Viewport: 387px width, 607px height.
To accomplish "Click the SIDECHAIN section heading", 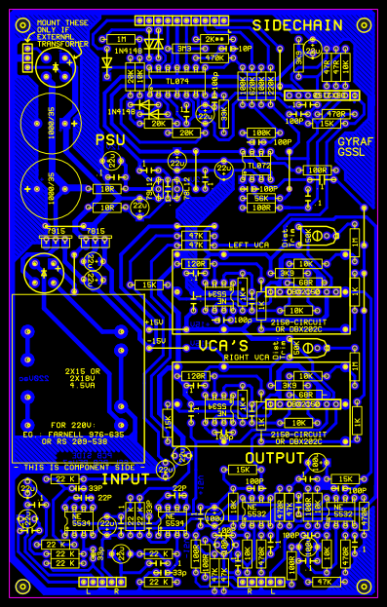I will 297,24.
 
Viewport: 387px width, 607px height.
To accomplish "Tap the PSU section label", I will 111,141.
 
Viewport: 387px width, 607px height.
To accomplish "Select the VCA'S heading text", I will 223,346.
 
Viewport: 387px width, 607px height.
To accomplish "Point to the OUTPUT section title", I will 275,458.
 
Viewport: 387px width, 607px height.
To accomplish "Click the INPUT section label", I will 127,479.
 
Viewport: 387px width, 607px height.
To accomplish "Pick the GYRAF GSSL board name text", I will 355,147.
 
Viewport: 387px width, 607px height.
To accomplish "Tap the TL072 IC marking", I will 258,166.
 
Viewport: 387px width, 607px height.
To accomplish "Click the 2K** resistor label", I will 213,39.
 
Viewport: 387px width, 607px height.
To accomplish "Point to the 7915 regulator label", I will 55,231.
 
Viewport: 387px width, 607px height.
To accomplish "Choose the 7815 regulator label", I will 95,231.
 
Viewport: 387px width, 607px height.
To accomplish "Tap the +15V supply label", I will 154,322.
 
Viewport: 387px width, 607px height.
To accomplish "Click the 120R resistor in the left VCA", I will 195,263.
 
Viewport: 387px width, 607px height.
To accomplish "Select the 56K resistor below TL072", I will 261,198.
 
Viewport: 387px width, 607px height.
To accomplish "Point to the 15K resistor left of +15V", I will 149,285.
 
